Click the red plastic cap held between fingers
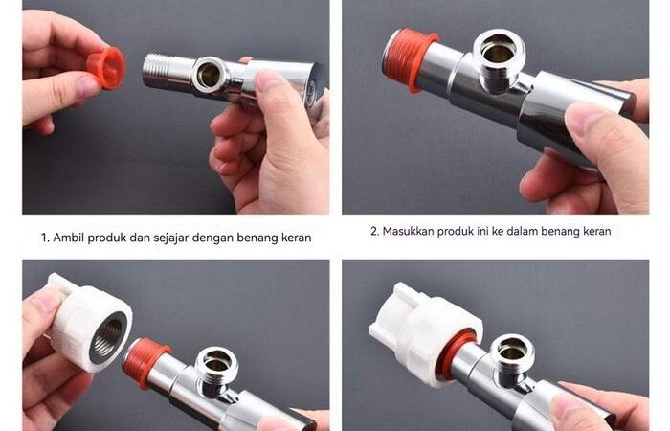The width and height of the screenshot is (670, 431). [x=106, y=68]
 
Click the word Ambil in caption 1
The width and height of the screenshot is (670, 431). [x=68, y=238]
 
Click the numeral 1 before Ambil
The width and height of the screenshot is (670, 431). [x=44, y=238]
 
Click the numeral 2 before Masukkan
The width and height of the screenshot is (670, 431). [x=374, y=232]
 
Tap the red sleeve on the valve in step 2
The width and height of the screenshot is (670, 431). [x=408, y=58]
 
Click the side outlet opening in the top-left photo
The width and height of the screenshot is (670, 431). [x=209, y=76]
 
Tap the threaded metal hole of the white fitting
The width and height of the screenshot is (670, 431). [x=107, y=337]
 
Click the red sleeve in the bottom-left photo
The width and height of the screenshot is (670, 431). [x=145, y=361]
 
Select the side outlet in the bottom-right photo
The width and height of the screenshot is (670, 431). [x=512, y=352]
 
